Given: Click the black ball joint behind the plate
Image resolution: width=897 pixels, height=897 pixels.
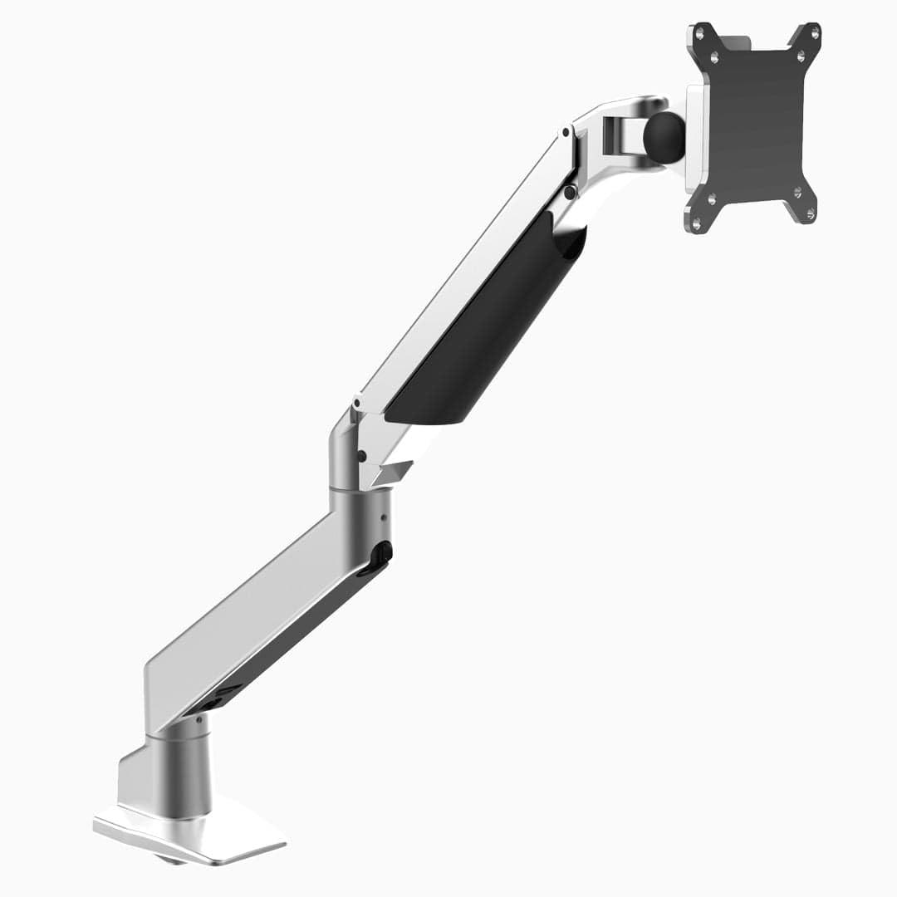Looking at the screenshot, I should tap(664, 137).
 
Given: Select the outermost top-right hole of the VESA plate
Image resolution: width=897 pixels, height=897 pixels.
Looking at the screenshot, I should tap(815, 33).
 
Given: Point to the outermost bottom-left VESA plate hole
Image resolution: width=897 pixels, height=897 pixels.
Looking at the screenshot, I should tap(696, 222).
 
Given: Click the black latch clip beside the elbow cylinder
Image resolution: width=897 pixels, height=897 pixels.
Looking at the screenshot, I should tap(381, 556).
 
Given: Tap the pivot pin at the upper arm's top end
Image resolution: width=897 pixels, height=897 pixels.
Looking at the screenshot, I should tap(565, 131).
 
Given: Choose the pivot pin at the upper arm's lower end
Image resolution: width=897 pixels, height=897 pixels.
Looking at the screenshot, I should tap(355, 405).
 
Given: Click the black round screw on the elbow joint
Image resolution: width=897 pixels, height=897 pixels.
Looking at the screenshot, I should tap(362, 455).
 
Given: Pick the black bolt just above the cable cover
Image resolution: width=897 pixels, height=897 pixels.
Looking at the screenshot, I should tap(570, 192).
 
